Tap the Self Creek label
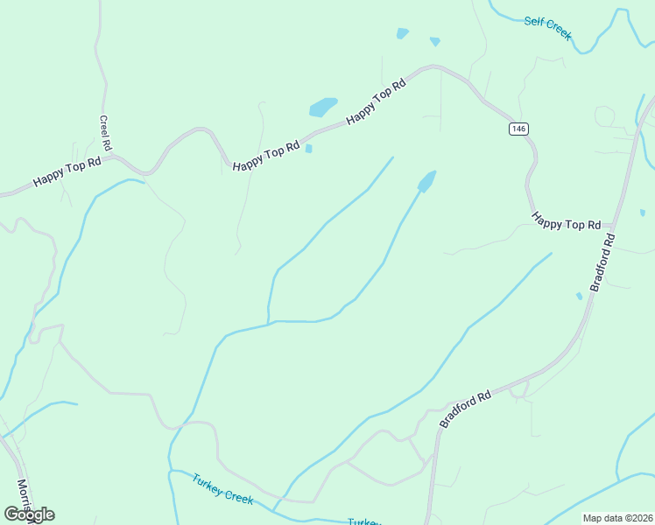[548, 27]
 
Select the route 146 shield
[518, 129]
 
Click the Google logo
[29, 514]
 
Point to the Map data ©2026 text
[618, 518]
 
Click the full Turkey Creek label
[223, 489]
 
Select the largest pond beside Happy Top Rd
[323, 107]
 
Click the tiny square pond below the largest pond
[308, 149]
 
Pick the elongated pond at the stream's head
[427, 181]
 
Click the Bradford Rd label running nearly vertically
[602, 262]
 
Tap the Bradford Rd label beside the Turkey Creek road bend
[466, 409]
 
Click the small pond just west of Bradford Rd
[579, 296]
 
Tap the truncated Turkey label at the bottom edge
[363, 521]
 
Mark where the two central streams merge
[268, 322]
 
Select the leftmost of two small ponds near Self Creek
[402, 33]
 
